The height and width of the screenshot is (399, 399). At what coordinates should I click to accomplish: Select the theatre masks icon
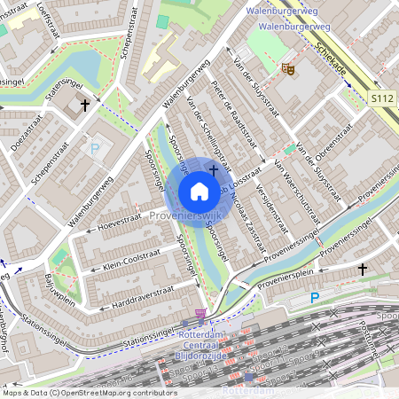coord(287,67)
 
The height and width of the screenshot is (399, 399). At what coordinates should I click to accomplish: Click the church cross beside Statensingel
coord(85,106)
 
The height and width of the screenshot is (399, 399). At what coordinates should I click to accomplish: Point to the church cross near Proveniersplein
coord(362,268)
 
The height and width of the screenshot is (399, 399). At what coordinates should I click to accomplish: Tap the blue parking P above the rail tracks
coord(314,298)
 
